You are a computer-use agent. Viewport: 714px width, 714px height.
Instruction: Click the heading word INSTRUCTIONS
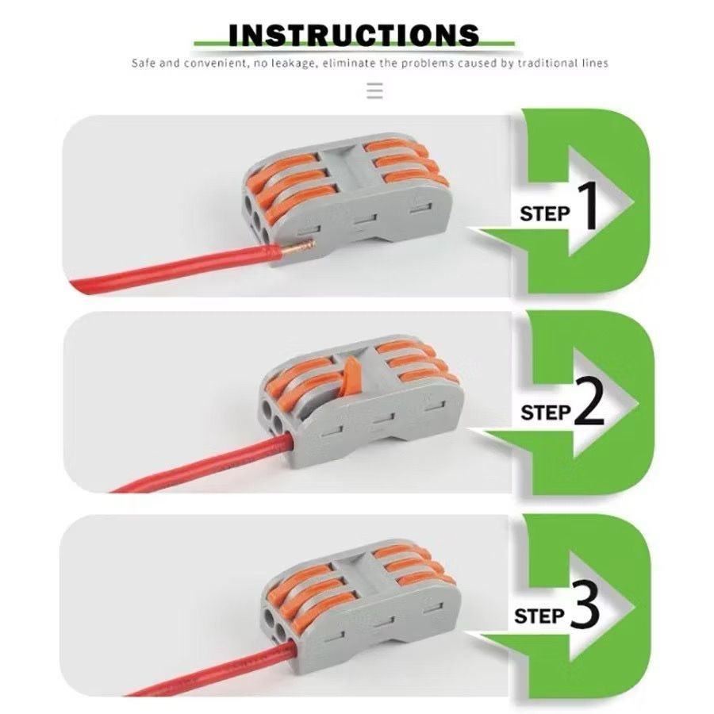pyautogui.click(x=354, y=35)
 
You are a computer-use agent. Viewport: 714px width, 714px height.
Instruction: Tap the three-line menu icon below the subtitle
pyautogui.click(x=374, y=90)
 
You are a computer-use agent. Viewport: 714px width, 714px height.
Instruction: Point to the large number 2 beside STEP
pyautogui.click(x=589, y=403)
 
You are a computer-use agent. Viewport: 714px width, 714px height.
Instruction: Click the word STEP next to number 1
pyautogui.click(x=545, y=213)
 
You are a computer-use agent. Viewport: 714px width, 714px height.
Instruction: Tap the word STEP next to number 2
pyautogui.click(x=546, y=413)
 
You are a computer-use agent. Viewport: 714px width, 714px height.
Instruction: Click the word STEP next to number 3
pyautogui.click(x=539, y=616)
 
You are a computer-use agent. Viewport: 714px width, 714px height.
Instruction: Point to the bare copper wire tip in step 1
pyautogui.click(x=297, y=248)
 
